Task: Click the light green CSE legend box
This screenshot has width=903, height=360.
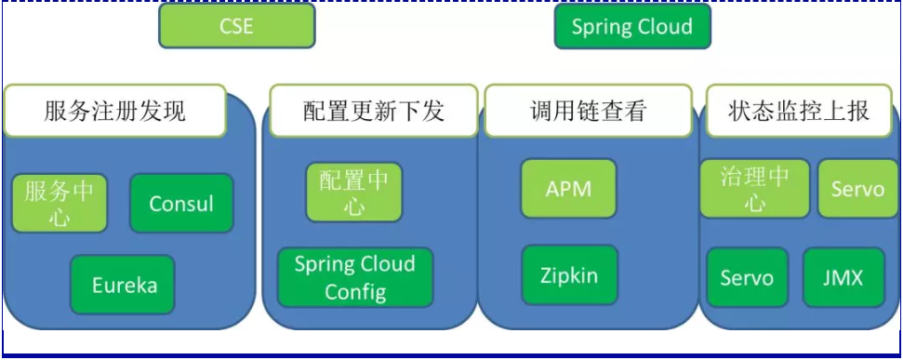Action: [x=236, y=26]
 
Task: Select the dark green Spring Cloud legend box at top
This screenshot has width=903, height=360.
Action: [x=631, y=26]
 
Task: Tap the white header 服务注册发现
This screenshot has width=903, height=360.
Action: [x=115, y=111]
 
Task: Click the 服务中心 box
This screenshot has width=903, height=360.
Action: [x=60, y=204]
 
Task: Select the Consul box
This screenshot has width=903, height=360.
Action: [x=181, y=204]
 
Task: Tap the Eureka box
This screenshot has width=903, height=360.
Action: [x=123, y=285]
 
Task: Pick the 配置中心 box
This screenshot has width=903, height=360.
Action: [x=354, y=193]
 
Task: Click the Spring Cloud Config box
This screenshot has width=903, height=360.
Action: [x=355, y=277]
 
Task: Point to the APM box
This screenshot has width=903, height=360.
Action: [x=568, y=190]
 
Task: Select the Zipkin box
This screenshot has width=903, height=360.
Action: [x=569, y=275]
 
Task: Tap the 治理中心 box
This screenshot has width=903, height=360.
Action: [x=754, y=189]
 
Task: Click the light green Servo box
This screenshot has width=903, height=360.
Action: [x=857, y=189]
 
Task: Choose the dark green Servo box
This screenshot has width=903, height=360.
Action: [x=747, y=277]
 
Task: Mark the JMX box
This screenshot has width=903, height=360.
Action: [x=843, y=277]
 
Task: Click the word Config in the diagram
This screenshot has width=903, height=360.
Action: [x=355, y=292]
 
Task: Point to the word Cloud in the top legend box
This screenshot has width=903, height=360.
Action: [x=664, y=26]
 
